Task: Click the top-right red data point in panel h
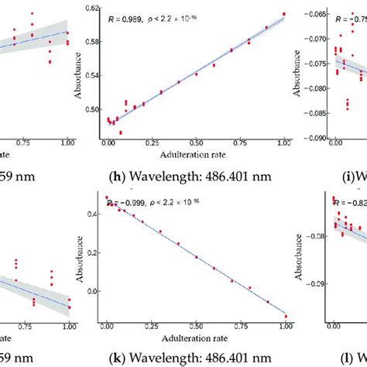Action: pyautogui.click(x=284, y=13)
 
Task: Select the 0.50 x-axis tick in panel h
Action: pyautogui.click(x=196, y=143)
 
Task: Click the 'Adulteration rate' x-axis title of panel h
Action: pyautogui.click(x=196, y=154)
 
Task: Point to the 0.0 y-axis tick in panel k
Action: pyautogui.click(x=91, y=292)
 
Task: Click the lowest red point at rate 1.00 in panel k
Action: pyautogui.click(x=285, y=316)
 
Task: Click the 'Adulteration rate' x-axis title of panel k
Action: pyautogui.click(x=196, y=338)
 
